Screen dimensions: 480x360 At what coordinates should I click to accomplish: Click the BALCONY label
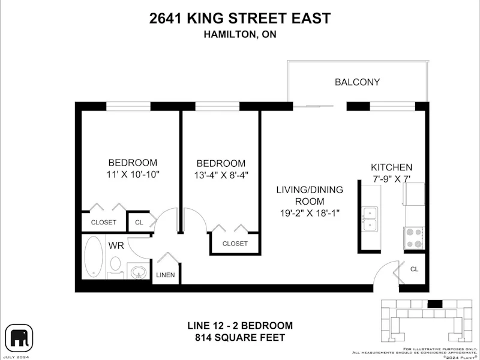click(357, 82)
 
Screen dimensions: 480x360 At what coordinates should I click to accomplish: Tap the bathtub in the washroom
click(94, 256)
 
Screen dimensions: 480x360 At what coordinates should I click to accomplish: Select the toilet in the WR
click(115, 267)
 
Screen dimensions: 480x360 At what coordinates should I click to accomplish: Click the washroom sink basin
click(138, 272)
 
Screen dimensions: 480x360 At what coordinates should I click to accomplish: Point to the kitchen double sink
click(370, 219)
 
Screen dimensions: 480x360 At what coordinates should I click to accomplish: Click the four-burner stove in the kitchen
click(414, 238)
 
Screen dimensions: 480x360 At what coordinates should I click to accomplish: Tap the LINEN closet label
click(166, 275)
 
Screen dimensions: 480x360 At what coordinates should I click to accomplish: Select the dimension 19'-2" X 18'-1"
click(310, 213)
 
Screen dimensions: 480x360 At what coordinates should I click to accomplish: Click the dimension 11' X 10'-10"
click(133, 175)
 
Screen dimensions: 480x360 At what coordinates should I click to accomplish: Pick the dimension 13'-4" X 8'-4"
click(221, 175)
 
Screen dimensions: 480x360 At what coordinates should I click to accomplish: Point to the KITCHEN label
click(392, 167)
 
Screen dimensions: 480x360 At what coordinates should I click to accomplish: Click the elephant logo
click(19, 338)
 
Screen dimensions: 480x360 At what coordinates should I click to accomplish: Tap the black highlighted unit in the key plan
click(434, 304)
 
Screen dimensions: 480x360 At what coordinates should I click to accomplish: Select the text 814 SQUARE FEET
click(240, 338)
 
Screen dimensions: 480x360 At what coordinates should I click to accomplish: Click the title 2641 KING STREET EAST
click(240, 18)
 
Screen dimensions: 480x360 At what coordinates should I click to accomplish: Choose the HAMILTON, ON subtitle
click(240, 34)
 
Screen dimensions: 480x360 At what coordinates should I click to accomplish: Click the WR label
click(116, 245)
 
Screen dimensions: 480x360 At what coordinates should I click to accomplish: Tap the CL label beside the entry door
click(414, 269)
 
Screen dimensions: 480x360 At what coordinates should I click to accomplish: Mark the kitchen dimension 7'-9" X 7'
click(392, 179)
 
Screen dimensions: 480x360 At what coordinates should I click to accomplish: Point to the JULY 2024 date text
click(17, 357)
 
